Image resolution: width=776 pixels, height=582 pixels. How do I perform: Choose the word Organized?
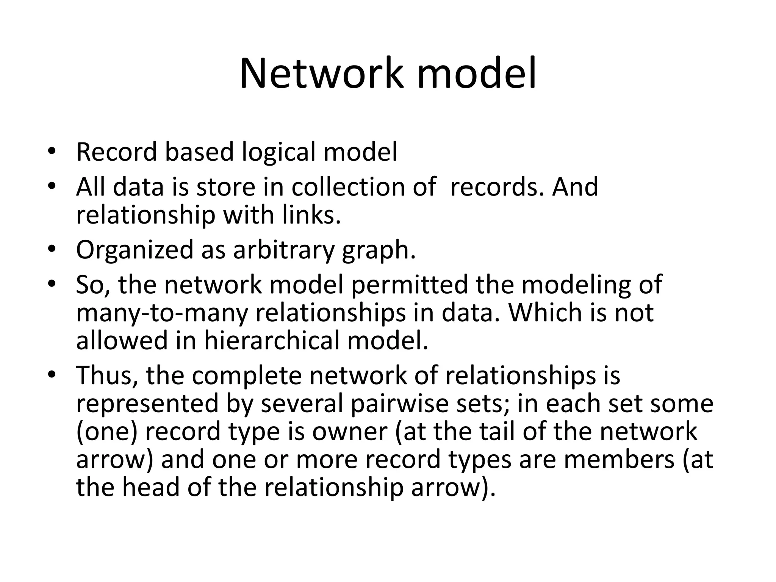coord(135,250)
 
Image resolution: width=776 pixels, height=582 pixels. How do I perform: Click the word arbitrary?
coord(284,250)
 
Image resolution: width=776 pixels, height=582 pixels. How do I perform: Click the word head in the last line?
coord(150,487)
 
